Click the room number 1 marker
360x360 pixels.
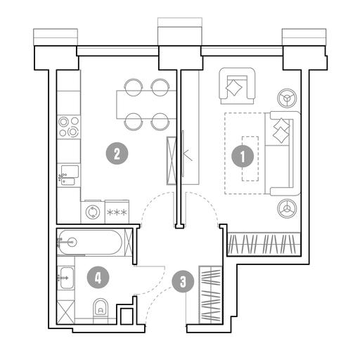[243, 156]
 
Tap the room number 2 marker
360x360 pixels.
[117, 153]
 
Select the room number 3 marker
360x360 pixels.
[183, 281]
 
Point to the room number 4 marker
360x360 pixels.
[98, 278]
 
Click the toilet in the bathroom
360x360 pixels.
[101, 308]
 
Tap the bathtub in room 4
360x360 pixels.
[90, 243]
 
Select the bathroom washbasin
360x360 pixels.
[66, 278]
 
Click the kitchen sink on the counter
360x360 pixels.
[69, 175]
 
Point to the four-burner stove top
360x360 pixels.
[69, 127]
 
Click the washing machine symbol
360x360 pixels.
[93, 212]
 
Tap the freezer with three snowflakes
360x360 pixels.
[117, 212]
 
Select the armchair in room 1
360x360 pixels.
[237, 86]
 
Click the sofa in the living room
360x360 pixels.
[283, 153]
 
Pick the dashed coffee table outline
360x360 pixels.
[250, 159]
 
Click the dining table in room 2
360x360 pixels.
[146, 105]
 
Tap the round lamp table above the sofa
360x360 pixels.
[287, 98]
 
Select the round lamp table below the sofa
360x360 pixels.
[287, 208]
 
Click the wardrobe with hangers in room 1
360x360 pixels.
[264, 244]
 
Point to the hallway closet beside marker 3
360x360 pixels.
[210, 295]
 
